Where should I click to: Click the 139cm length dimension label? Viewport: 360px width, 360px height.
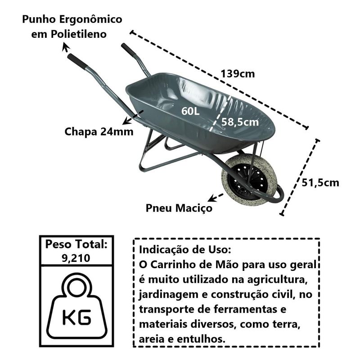[x=238, y=74]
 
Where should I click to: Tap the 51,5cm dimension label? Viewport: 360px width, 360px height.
[x=320, y=183]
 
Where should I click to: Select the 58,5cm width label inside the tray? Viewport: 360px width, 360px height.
[x=240, y=121]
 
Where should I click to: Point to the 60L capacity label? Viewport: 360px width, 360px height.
[x=190, y=111]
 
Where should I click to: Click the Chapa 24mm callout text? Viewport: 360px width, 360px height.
[x=99, y=132]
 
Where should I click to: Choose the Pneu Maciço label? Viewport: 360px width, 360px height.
[x=179, y=208]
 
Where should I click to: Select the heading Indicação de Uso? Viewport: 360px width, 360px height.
[x=186, y=250]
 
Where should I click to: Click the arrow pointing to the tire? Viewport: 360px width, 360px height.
[x=215, y=197]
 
